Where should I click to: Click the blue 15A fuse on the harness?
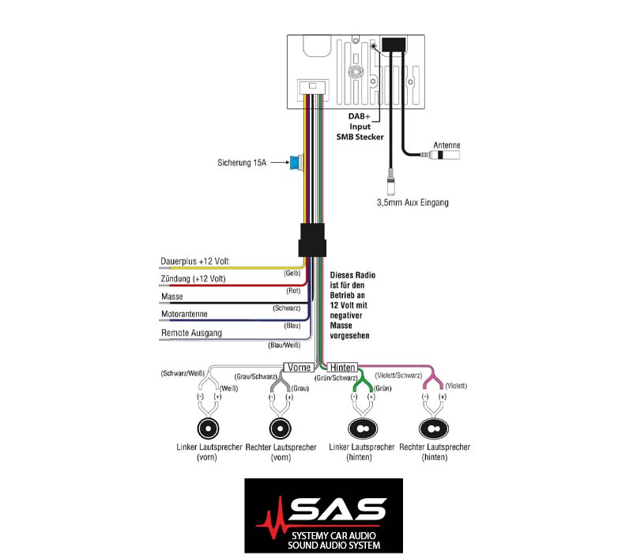coord(296,163)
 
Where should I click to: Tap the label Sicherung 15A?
coord(242,163)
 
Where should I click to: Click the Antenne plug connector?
coord(443,155)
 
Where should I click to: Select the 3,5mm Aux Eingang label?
coord(413,202)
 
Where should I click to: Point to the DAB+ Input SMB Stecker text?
coord(360,127)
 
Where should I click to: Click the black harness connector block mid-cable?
coord(312,240)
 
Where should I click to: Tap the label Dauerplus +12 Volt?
coord(194,261)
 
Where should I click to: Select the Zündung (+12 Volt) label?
coord(193,278)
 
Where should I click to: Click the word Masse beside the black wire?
coord(172,296)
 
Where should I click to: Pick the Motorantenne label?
coord(184,314)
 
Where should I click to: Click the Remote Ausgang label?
coord(191,333)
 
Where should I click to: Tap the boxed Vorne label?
coord(299,367)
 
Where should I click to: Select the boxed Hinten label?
coord(342,367)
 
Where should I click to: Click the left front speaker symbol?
coord(208,429)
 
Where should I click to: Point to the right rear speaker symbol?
coord(434,429)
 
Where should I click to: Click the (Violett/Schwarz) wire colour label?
coord(398,376)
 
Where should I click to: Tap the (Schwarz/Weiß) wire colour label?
coord(183,373)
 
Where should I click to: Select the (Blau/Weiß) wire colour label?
coord(284,346)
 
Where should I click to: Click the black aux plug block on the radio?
coord(394,44)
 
